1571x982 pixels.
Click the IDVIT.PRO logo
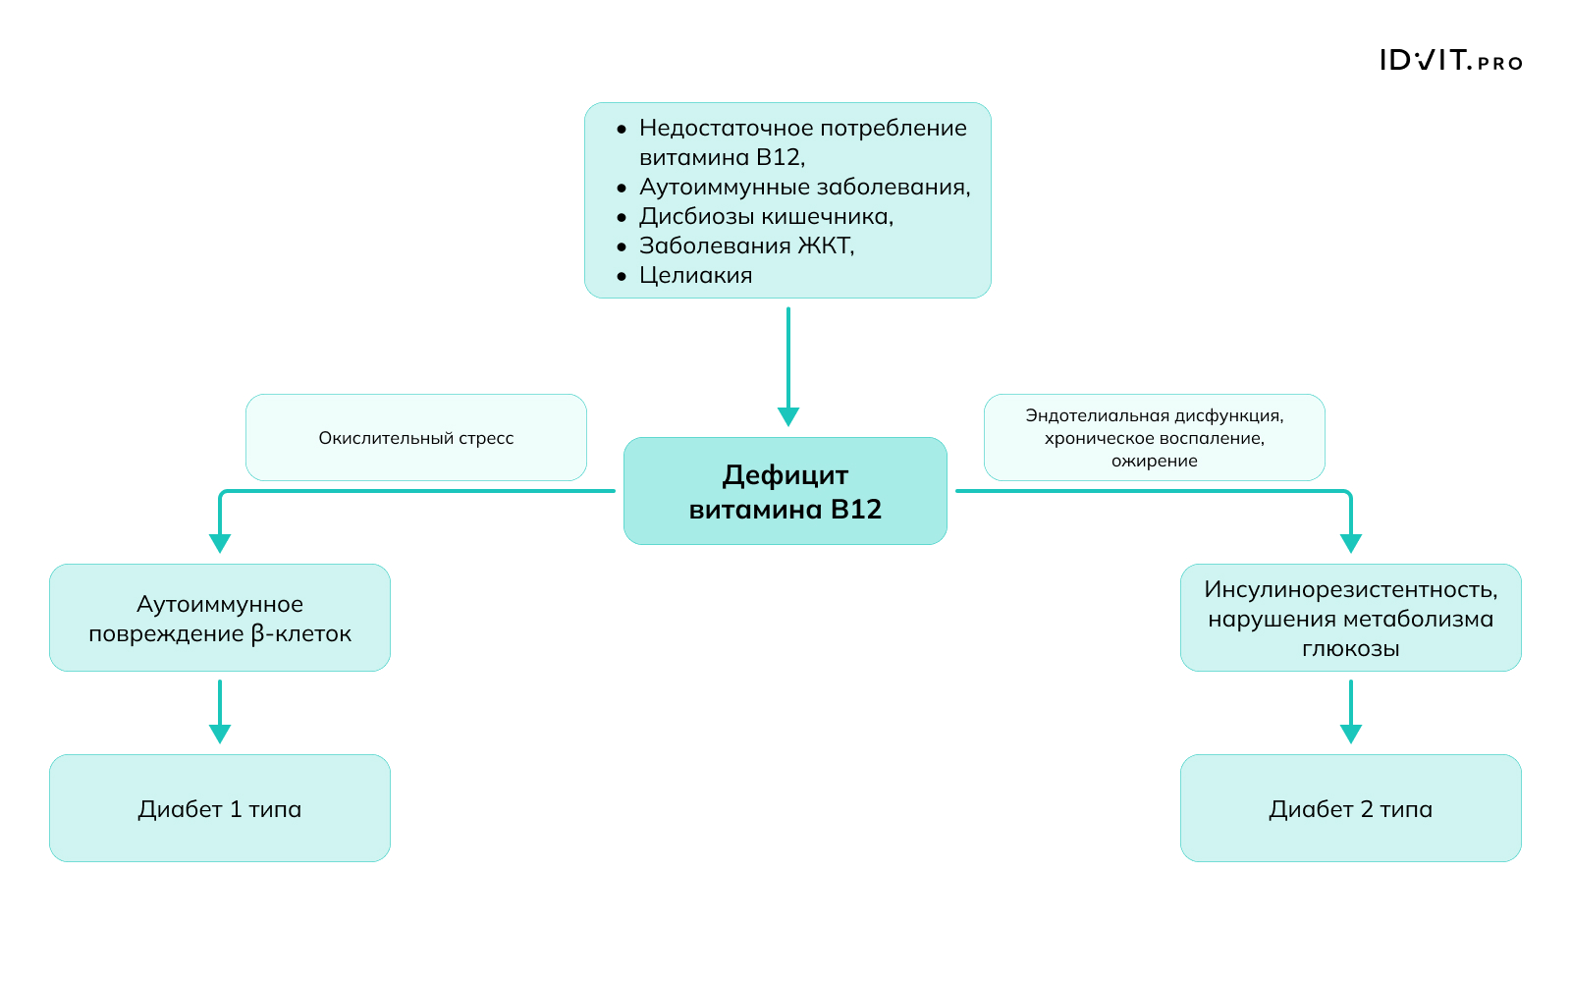pyautogui.click(x=1450, y=61)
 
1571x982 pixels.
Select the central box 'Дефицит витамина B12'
pyautogui.click(x=785, y=491)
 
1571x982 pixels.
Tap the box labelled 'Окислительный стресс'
pyautogui.click(x=416, y=438)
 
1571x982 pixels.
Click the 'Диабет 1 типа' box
pyautogui.click(x=220, y=808)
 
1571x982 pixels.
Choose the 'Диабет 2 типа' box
pyautogui.click(x=1350, y=808)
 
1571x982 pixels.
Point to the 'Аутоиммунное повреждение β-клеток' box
pyautogui.click(x=220, y=618)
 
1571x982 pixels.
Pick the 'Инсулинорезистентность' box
pyautogui.click(x=1350, y=618)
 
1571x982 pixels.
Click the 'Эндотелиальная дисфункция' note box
pyautogui.click(x=1155, y=437)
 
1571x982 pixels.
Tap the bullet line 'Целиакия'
pyautogui.click(x=695, y=275)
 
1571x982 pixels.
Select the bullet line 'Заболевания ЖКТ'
pyautogui.click(x=746, y=245)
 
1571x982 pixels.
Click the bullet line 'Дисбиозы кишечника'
pyautogui.click(x=766, y=216)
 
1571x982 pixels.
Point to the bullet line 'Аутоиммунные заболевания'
pyautogui.click(x=804, y=187)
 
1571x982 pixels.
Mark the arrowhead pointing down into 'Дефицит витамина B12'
pyautogui.click(x=787, y=416)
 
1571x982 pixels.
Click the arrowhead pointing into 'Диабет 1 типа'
pyautogui.click(x=220, y=734)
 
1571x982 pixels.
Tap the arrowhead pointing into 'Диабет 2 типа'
pyautogui.click(x=1351, y=734)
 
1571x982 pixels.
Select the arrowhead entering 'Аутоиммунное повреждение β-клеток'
pyautogui.click(x=220, y=543)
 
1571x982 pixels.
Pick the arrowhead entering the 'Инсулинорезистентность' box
pyautogui.click(x=1351, y=543)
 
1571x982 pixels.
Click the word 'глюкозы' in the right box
pyautogui.click(x=1350, y=648)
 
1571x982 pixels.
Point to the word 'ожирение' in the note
pyautogui.click(x=1155, y=461)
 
